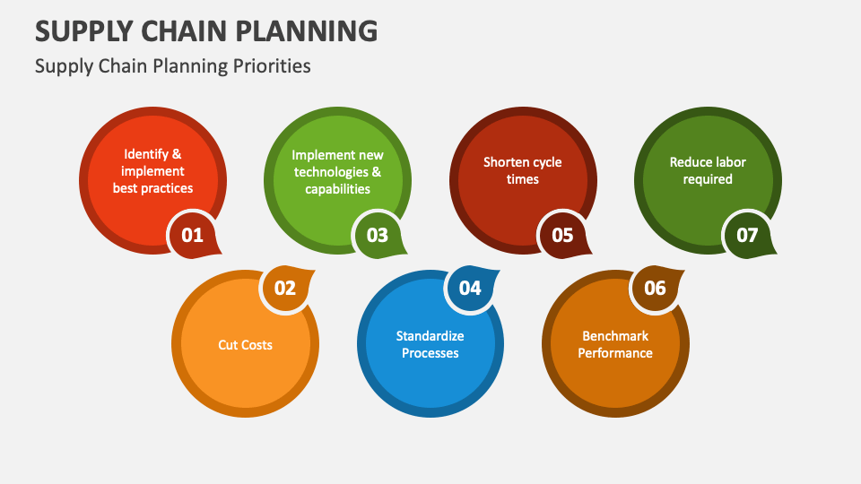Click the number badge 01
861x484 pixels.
(x=192, y=236)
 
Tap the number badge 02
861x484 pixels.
(x=284, y=288)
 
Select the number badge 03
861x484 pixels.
(x=377, y=236)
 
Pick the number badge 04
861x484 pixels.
(x=470, y=288)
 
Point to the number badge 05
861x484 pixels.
(x=561, y=236)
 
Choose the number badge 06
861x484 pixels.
(x=655, y=288)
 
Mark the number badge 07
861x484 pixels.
(x=747, y=236)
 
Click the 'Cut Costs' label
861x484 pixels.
(x=245, y=344)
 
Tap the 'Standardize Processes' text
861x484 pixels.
(x=430, y=344)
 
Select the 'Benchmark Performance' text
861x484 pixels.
(x=615, y=344)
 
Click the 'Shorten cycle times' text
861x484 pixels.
(x=523, y=170)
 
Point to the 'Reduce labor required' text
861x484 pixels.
(x=708, y=170)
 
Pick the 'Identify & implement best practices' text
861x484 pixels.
(x=152, y=170)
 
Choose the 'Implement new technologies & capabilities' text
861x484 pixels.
(x=337, y=170)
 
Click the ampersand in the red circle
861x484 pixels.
(x=177, y=154)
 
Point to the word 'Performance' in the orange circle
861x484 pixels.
(x=615, y=353)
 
